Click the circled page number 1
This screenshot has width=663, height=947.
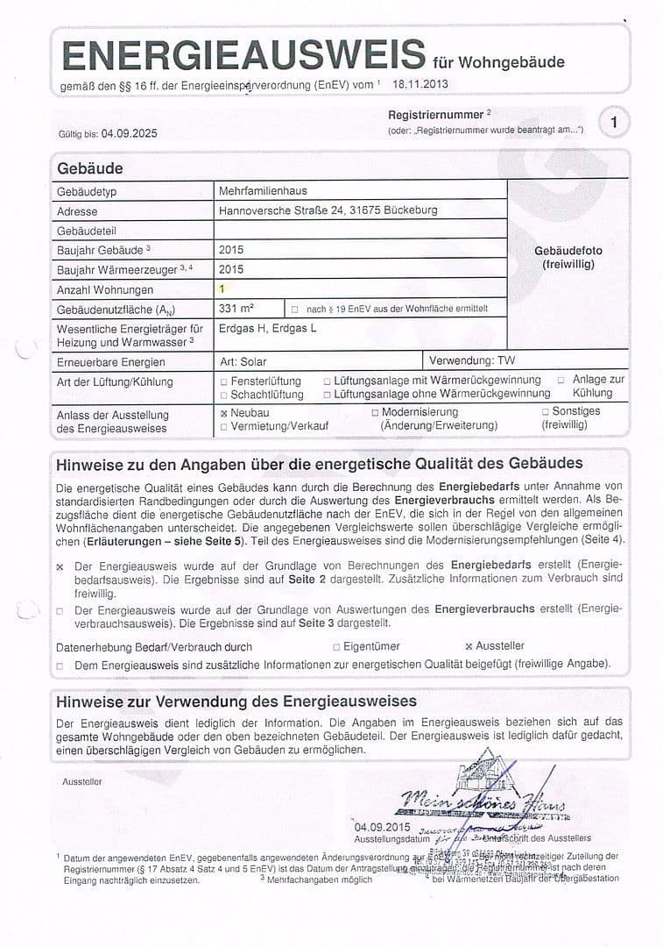coord(614,122)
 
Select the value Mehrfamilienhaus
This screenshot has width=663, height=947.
coord(263,191)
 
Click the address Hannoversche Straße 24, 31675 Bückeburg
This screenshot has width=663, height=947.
coord(328,210)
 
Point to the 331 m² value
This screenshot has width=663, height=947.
coord(236,308)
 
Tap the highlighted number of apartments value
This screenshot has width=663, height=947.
coord(222,288)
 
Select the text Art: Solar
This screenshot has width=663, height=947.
coord(243,361)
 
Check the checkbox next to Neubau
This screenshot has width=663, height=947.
coord(224,413)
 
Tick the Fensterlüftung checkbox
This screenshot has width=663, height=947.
coord(224,382)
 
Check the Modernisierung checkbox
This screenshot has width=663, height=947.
coord(375,412)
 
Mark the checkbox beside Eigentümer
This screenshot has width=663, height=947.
coord(336,647)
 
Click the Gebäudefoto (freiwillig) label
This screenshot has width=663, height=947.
coord(568,257)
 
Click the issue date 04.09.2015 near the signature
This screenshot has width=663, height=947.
coord(382,827)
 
